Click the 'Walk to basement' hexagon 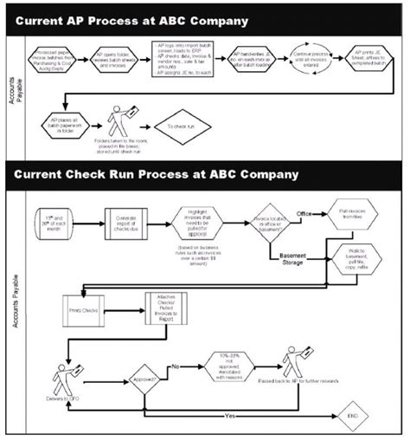356,257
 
